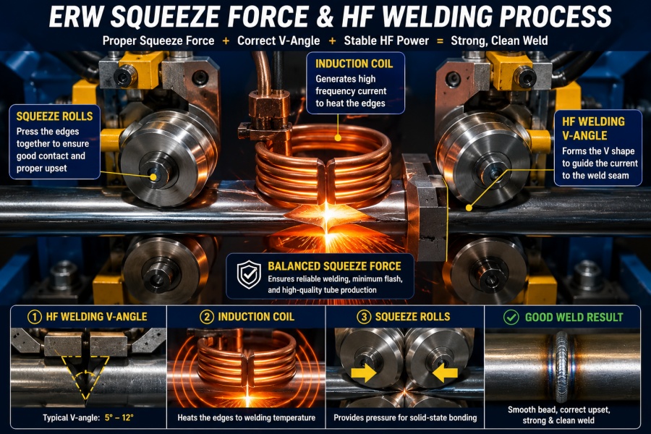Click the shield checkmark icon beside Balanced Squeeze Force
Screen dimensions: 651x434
click(x=249, y=275)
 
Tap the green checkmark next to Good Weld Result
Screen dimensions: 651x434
click(x=511, y=318)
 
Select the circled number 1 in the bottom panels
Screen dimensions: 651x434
click(x=35, y=317)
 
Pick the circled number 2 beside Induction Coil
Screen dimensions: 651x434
click(x=206, y=317)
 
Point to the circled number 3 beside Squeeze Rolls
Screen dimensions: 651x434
click(x=364, y=317)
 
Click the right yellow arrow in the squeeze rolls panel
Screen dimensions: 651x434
click(x=445, y=373)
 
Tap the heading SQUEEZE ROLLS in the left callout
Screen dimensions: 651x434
click(x=54, y=116)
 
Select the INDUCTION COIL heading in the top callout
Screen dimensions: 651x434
click(x=354, y=64)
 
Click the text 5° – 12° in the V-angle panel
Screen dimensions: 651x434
click(x=119, y=417)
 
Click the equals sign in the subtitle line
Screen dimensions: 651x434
click(x=440, y=41)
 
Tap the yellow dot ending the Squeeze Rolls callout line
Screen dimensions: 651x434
click(x=153, y=177)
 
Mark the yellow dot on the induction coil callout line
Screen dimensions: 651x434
click(x=338, y=137)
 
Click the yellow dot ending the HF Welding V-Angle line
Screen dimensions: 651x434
click(x=469, y=208)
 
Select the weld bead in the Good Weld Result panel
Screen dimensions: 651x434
click(x=562, y=363)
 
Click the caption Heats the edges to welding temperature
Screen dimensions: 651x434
click(x=247, y=418)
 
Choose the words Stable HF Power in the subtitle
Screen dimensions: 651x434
click(x=386, y=41)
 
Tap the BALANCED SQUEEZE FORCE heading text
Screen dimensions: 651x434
click(x=335, y=265)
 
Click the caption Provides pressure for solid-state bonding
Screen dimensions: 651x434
click(x=405, y=418)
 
